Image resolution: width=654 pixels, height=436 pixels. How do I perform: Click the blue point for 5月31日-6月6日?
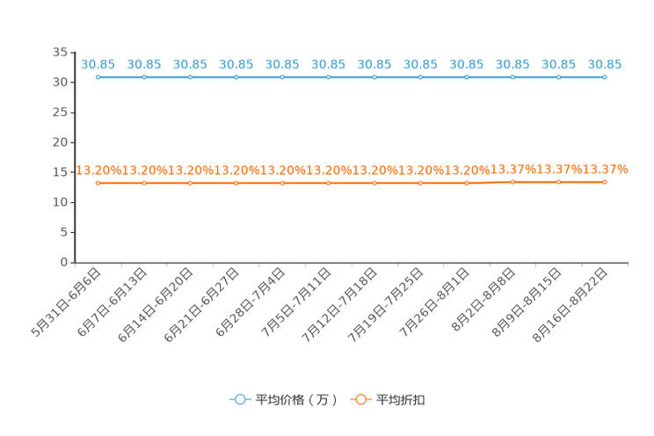tap(98, 77)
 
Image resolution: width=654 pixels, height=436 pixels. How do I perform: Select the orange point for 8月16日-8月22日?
tap(605, 182)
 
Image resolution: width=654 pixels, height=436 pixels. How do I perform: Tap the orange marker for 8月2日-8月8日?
tap(512, 182)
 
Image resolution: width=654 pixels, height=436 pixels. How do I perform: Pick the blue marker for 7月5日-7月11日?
tap(328, 77)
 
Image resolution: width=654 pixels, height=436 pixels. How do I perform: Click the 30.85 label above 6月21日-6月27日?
tap(236, 64)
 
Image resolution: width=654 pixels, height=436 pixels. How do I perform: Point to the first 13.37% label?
tap(513, 170)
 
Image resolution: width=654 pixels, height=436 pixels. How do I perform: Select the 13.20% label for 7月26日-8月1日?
tap(467, 171)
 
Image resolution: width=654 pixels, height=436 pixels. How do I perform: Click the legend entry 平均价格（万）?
tap(284, 400)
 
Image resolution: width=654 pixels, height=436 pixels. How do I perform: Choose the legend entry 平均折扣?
tap(388, 400)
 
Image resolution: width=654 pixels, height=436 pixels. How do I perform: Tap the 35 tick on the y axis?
tap(60, 52)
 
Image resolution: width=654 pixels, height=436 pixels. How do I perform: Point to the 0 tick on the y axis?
tap(64, 262)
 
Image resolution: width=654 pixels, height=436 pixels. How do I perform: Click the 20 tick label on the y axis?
tap(60, 142)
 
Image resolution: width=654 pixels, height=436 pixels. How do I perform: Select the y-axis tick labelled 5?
tap(64, 232)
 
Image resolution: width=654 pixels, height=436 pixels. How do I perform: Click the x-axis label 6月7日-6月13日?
tap(113, 302)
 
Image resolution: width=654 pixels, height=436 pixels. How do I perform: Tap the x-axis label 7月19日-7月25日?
tap(385, 305)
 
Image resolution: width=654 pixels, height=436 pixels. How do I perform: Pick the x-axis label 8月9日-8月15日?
tap(527, 302)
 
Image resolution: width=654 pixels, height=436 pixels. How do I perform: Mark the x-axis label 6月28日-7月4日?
tap(251, 302)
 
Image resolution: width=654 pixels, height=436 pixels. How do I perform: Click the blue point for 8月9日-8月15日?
tap(558, 77)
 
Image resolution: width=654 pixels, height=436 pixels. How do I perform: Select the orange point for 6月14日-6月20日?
tap(190, 183)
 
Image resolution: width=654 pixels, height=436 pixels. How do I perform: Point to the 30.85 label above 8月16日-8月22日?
tap(605, 64)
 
